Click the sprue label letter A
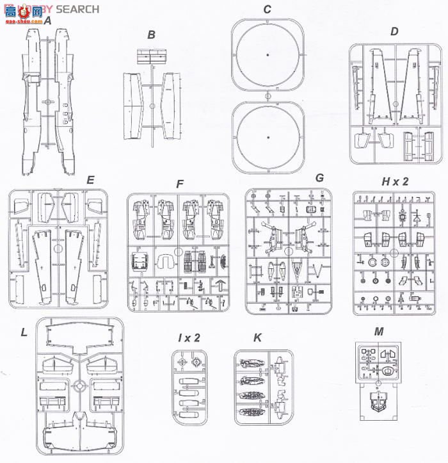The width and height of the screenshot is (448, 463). pyautogui.click(x=47, y=20)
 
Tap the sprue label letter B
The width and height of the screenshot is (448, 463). pyautogui.click(x=151, y=35)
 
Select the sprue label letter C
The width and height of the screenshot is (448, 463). pyautogui.click(x=268, y=9)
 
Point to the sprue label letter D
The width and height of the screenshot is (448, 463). pyautogui.click(x=394, y=31)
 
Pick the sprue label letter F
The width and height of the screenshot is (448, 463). pyautogui.click(x=180, y=184)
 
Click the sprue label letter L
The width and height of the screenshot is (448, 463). pyautogui.click(x=24, y=332)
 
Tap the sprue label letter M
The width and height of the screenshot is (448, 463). pyautogui.click(x=379, y=331)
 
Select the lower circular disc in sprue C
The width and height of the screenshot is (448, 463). pyautogui.click(x=268, y=137)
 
